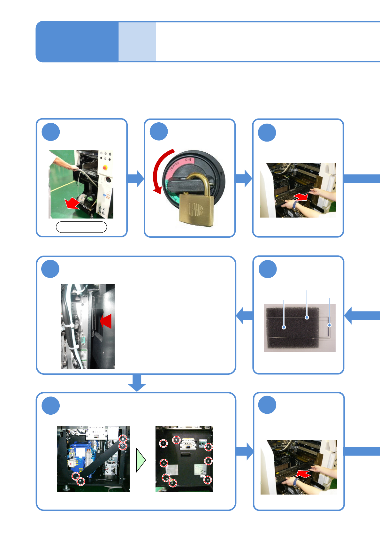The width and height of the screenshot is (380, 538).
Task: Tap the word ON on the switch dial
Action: [x=187, y=159]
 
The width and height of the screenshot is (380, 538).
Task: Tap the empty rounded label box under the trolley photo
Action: [x=81, y=227]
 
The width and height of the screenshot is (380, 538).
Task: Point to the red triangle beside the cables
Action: [x=107, y=321]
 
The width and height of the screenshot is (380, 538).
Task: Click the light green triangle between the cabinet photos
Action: [x=140, y=460]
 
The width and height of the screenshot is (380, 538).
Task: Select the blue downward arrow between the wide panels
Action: [x=137, y=382]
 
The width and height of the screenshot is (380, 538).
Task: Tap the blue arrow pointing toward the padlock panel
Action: [x=135, y=179]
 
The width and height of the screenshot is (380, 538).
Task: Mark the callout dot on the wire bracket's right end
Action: [x=330, y=325]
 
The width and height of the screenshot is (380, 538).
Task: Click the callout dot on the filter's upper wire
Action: [x=307, y=317]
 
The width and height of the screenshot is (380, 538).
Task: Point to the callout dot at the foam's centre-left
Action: [x=284, y=327]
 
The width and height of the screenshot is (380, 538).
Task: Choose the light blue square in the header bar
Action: [x=137, y=42]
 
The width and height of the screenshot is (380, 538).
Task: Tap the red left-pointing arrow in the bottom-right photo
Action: [x=303, y=474]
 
